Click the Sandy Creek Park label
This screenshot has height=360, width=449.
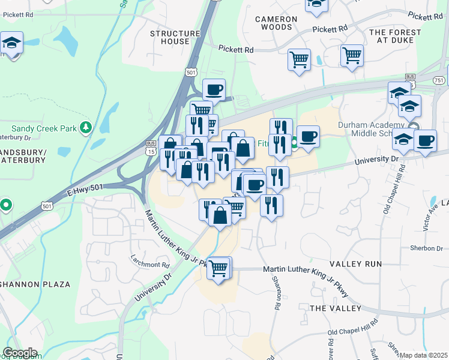coord(46,128)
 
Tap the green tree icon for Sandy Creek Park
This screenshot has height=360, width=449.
coord(86,127)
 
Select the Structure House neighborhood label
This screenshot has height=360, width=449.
coord(175,37)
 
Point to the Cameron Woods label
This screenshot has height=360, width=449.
coord(276,23)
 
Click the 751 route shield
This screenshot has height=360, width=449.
coord(439,80)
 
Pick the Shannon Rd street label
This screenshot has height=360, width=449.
coord(277,293)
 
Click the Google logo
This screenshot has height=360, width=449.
coord(20,353)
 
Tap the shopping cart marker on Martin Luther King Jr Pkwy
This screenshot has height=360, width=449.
coord(219,268)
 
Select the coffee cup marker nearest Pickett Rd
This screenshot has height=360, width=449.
coord(214,90)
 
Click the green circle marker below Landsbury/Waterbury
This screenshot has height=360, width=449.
coord(6,205)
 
